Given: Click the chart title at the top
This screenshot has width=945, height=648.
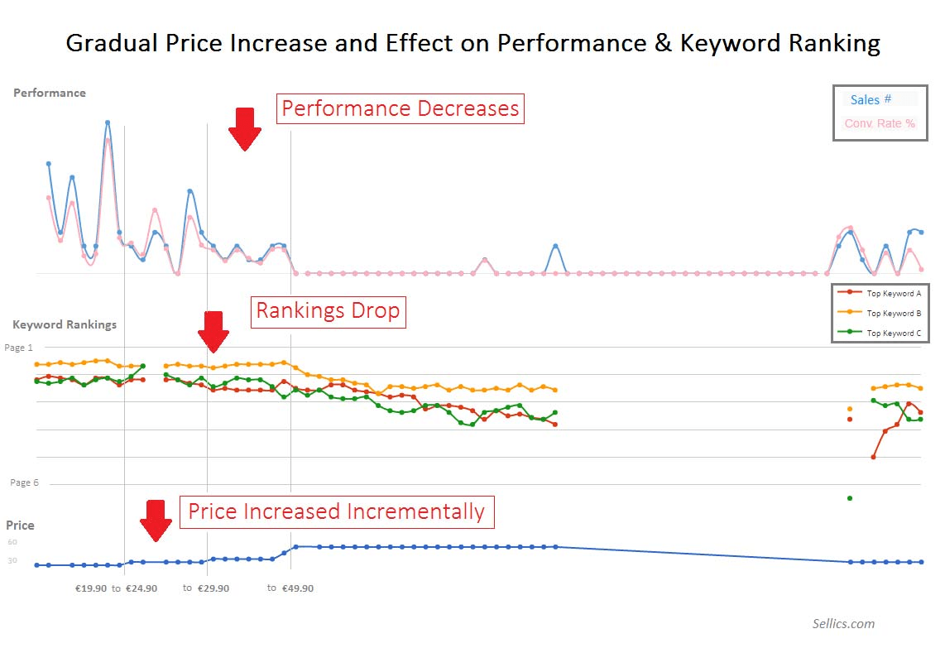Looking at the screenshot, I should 472,43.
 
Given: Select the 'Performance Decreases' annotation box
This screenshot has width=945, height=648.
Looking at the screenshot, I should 401,108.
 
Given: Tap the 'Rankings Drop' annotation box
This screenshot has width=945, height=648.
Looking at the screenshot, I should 328,311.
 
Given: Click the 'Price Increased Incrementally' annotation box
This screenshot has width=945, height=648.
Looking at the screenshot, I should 336,511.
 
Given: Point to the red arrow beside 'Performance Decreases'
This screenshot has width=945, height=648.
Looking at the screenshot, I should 244,128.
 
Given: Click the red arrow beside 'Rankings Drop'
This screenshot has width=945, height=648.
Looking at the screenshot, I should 213,332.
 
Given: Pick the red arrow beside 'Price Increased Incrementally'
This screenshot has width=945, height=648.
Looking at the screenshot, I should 155,520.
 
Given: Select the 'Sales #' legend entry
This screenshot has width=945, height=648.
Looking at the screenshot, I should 871,99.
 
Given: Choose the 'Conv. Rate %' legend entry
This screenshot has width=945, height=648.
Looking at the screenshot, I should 880,123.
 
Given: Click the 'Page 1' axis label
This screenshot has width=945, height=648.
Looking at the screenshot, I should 19,348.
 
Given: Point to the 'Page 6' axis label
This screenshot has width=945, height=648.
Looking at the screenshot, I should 24,482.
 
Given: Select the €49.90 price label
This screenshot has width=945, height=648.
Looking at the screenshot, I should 297,588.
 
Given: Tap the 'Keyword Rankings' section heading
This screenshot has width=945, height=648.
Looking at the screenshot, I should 65,324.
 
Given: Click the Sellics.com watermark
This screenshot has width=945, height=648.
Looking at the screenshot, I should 843,624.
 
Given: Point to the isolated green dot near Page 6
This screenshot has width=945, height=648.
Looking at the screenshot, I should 850,498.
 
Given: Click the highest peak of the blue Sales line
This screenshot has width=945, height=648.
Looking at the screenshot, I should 108,122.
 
